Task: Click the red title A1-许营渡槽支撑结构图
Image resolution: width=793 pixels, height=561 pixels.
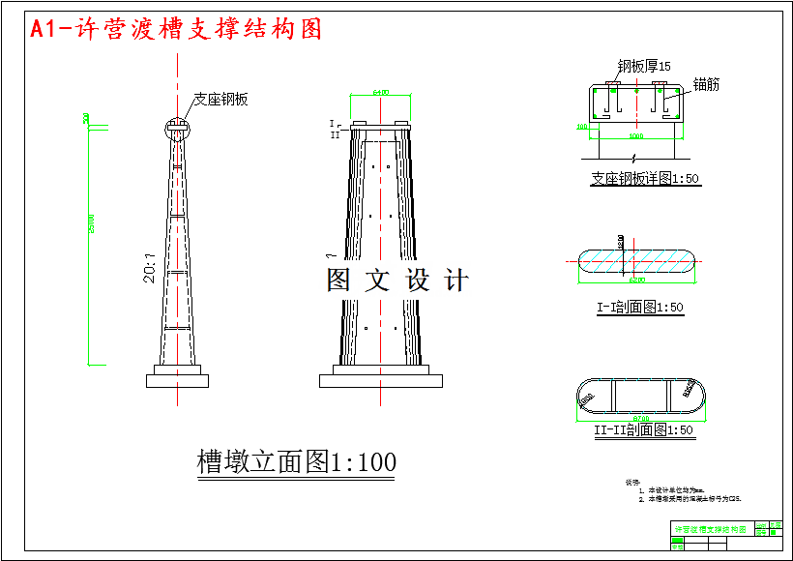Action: coord(177,29)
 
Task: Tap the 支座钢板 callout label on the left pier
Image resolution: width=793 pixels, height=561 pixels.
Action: coord(220,99)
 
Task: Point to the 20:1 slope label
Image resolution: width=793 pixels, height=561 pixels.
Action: coord(150,268)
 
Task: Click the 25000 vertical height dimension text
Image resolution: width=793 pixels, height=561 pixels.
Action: coord(91,242)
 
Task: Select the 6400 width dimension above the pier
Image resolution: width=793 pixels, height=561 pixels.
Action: coord(380,93)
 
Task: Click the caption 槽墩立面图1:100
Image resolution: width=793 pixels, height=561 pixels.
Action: coord(296,462)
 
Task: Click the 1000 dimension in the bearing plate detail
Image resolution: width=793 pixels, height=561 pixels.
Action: coord(635,136)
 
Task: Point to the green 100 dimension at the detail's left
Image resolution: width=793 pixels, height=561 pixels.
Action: coord(581,127)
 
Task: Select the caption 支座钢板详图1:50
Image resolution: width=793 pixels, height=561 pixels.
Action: coord(644,179)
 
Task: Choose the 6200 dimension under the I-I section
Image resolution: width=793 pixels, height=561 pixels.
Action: coord(636,280)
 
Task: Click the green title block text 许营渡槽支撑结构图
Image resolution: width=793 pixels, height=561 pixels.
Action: coord(711,530)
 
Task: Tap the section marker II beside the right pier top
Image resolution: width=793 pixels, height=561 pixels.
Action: coord(335,135)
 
